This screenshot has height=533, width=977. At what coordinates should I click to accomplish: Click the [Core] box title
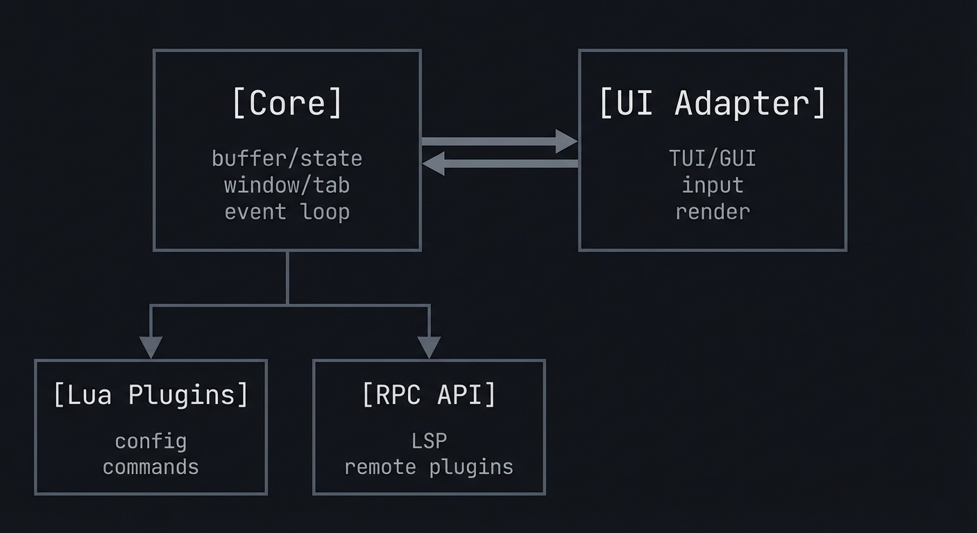(287, 103)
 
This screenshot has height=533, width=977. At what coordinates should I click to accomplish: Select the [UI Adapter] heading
(712, 103)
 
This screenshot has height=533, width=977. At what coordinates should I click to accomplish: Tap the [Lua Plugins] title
(151, 394)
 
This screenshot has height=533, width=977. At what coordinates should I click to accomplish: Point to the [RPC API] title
(429, 394)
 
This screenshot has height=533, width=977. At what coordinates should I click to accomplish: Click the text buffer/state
(287, 158)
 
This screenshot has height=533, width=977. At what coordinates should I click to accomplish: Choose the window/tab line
(287, 185)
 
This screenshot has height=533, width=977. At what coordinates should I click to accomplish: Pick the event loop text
(287, 211)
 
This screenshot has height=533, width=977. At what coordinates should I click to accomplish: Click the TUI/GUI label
(712, 158)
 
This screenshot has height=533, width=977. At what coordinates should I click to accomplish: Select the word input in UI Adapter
(712, 185)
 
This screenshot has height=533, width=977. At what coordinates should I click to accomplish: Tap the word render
(712, 211)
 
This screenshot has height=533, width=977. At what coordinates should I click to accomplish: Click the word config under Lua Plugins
(151, 441)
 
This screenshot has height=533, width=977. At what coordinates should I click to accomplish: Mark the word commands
(151, 466)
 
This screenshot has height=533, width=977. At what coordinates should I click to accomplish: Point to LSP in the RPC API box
(429, 441)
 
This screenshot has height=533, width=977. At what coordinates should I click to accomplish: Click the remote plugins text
(429, 466)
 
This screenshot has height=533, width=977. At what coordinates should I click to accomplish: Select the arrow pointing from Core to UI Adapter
(500, 141)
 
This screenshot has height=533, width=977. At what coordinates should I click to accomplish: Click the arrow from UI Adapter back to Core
(500, 164)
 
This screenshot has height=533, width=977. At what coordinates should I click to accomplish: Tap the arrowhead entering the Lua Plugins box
(151, 346)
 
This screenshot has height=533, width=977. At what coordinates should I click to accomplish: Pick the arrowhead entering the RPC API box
(429, 346)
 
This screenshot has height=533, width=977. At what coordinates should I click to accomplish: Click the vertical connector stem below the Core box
(287, 278)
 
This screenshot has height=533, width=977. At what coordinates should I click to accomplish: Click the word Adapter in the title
(750, 103)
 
